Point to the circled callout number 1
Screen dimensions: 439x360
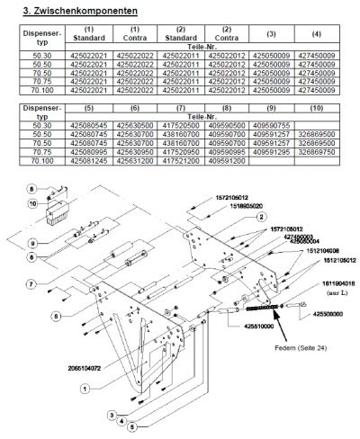[x=85, y=389]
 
